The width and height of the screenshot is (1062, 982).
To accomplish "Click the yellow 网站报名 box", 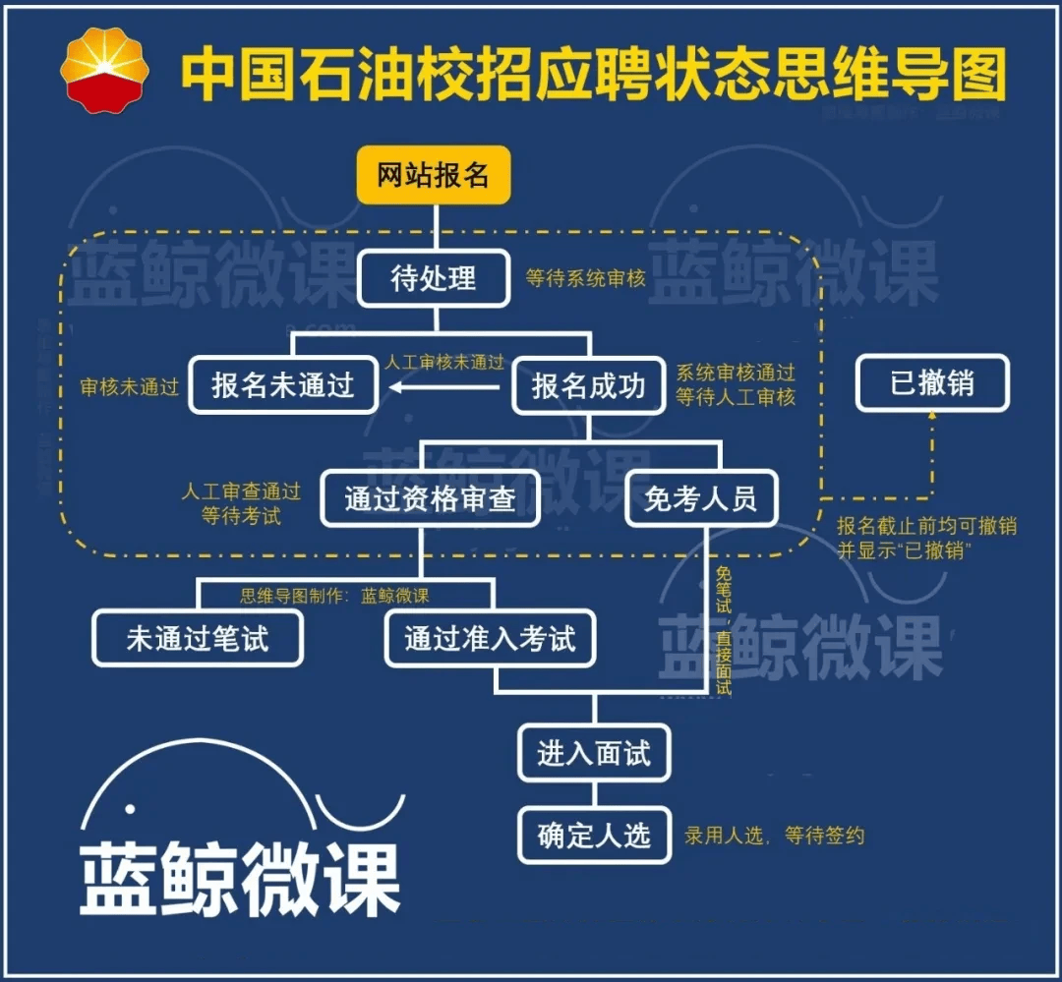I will coord(434,175).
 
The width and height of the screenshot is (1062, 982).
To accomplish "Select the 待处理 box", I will coord(434,278).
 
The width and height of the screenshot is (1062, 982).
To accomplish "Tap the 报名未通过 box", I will coord(283,384).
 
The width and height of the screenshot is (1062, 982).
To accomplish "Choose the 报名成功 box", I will coord(588,384).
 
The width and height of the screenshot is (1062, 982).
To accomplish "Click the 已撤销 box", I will coord(932,381).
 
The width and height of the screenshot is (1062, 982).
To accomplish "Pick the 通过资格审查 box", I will coord(430,498).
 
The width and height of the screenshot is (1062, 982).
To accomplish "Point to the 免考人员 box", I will coord(701,498).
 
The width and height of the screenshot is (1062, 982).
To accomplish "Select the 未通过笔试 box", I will coord(198,639).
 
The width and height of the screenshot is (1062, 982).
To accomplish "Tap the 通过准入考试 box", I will coord(490,639).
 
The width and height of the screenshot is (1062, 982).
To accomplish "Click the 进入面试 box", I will coord(594,753).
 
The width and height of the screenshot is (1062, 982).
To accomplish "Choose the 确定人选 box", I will coord(594,836).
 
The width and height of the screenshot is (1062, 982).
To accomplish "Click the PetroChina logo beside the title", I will coord(103,71).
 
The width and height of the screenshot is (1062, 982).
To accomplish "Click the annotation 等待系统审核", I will coord(585,278).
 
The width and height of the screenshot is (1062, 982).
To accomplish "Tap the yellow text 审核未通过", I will coord(130,387).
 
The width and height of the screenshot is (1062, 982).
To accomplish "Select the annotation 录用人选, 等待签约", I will coord(775,836).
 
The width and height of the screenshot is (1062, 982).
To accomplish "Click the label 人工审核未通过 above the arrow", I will coord(444,362).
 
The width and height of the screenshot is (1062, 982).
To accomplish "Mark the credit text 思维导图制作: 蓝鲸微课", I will coord(334,596).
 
